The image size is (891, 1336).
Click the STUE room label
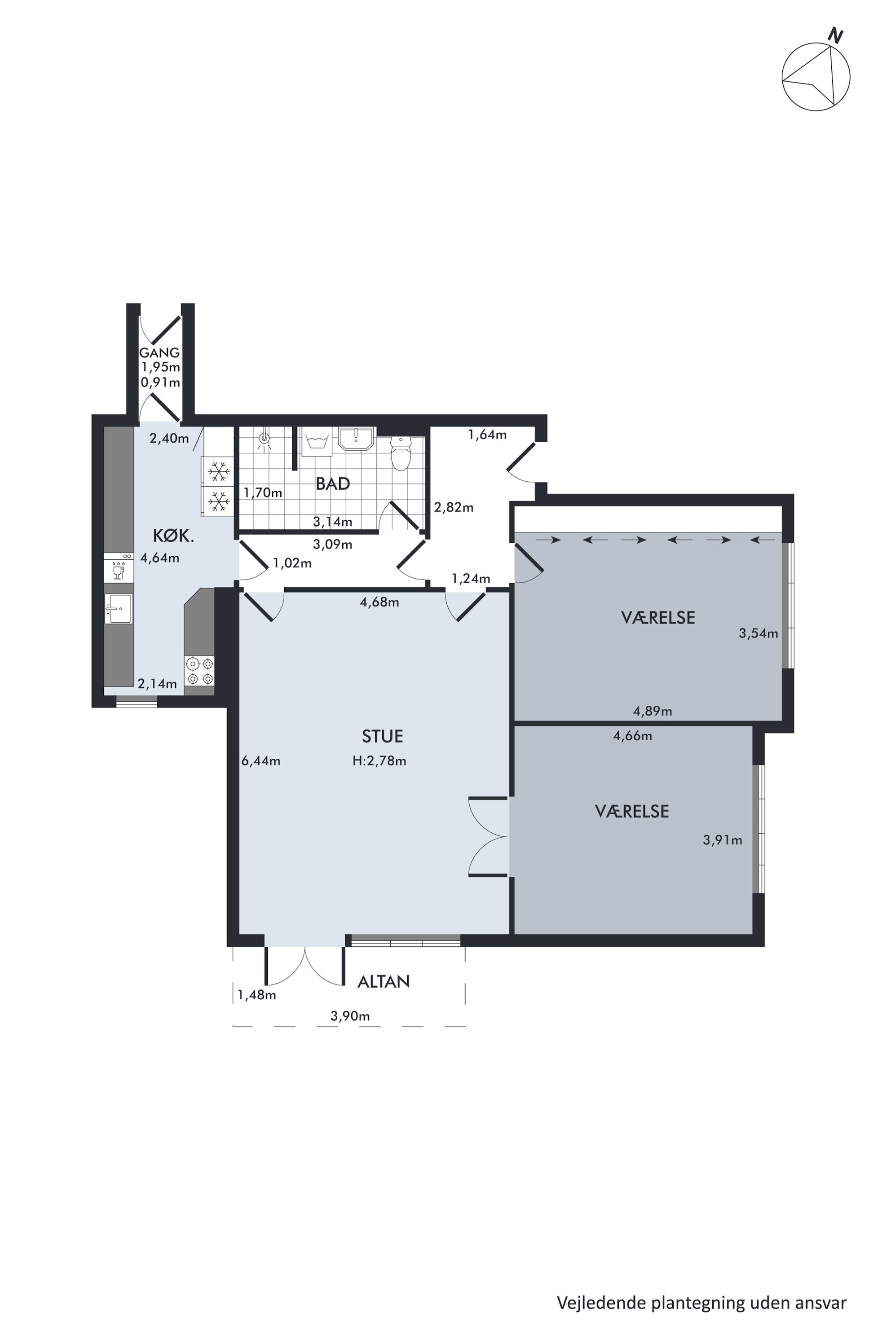pyautogui.click(x=383, y=736)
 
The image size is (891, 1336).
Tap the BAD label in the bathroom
pyautogui.click(x=332, y=484)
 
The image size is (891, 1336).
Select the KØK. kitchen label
pyautogui.click(x=173, y=536)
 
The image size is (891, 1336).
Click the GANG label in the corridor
pyautogui.click(x=160, y=353)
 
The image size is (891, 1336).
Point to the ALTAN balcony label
pyautogui.click(x=384, y=981)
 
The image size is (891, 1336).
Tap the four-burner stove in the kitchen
pyautogui.click(x=199, y=670)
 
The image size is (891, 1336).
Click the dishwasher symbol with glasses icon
pyautogui.click(x=119, y=567)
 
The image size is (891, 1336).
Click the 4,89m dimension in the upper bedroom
pyautogui.click(x=653, y=711)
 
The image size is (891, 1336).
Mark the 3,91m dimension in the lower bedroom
pyautogui.click(x=722, y=840)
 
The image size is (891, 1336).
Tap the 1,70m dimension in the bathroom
pyautogui.click(x=263, y=492)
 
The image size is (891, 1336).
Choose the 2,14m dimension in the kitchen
pyautogui.click(x=157, y=684)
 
